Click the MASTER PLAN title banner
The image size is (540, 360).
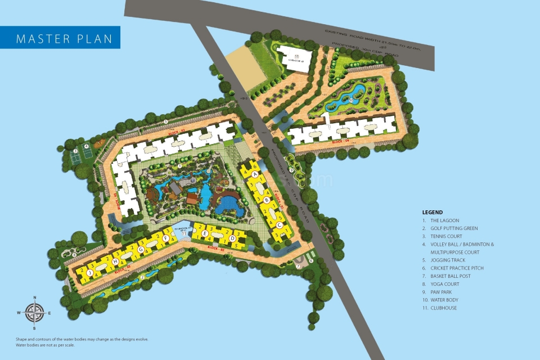pos(60,38)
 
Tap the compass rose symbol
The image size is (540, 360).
pos(34,312)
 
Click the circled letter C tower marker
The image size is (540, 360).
pos(279,225)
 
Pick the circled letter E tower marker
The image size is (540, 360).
pos(205,233)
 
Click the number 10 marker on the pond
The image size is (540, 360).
pos(350,101)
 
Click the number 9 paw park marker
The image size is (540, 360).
pos(291,169)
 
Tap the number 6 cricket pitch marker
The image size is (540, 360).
pos(310,259)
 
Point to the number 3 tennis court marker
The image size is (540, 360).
pos(74,151)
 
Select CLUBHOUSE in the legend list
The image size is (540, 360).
pos(444,308)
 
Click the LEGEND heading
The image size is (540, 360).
pos(433,212)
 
